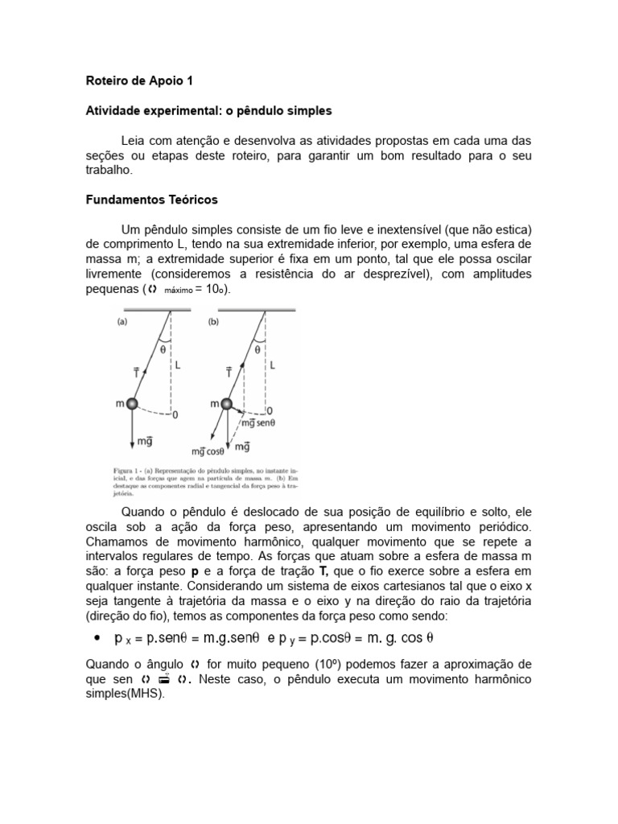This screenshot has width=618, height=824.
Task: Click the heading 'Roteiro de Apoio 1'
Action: pyautogui.click(x=139, y=81)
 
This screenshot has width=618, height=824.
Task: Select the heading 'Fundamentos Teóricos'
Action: pyautogui.click(x=151, y=199)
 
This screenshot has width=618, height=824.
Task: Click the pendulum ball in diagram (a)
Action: pyautogui.click(x=132, y=403)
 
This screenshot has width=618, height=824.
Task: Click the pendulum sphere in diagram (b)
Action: pyautogui.click(x=227, y=403)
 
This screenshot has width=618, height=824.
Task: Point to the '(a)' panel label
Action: pyautogui.click(x=123, y=321)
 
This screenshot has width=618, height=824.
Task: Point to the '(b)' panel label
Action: pyautogui.click(x=213, y=321)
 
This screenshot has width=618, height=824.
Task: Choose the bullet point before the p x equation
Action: pyautogui.click(x=97, y=638)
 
